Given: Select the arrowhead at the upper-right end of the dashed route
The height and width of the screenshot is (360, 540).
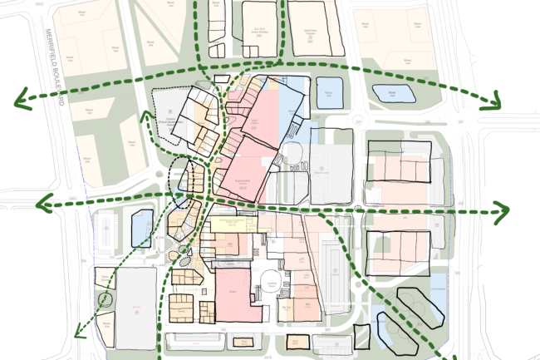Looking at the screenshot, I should coord(496,102).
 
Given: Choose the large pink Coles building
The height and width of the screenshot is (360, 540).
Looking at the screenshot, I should coord(233,292).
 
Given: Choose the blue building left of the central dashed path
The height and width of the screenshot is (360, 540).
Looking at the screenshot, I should coord(142,226).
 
